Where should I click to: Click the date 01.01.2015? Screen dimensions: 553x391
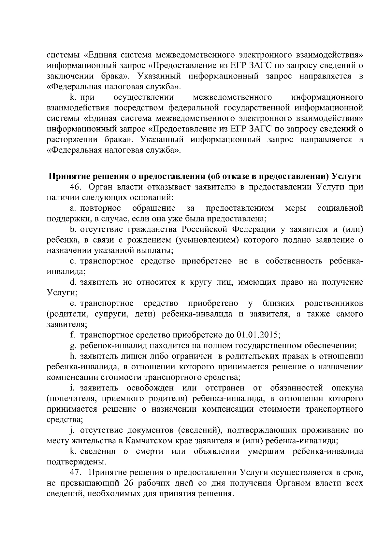(258, 335)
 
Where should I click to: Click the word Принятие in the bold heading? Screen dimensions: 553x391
(69, 176)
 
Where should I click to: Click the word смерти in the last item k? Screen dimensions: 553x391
(150, 451)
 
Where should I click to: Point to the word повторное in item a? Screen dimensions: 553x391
(101, 208)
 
